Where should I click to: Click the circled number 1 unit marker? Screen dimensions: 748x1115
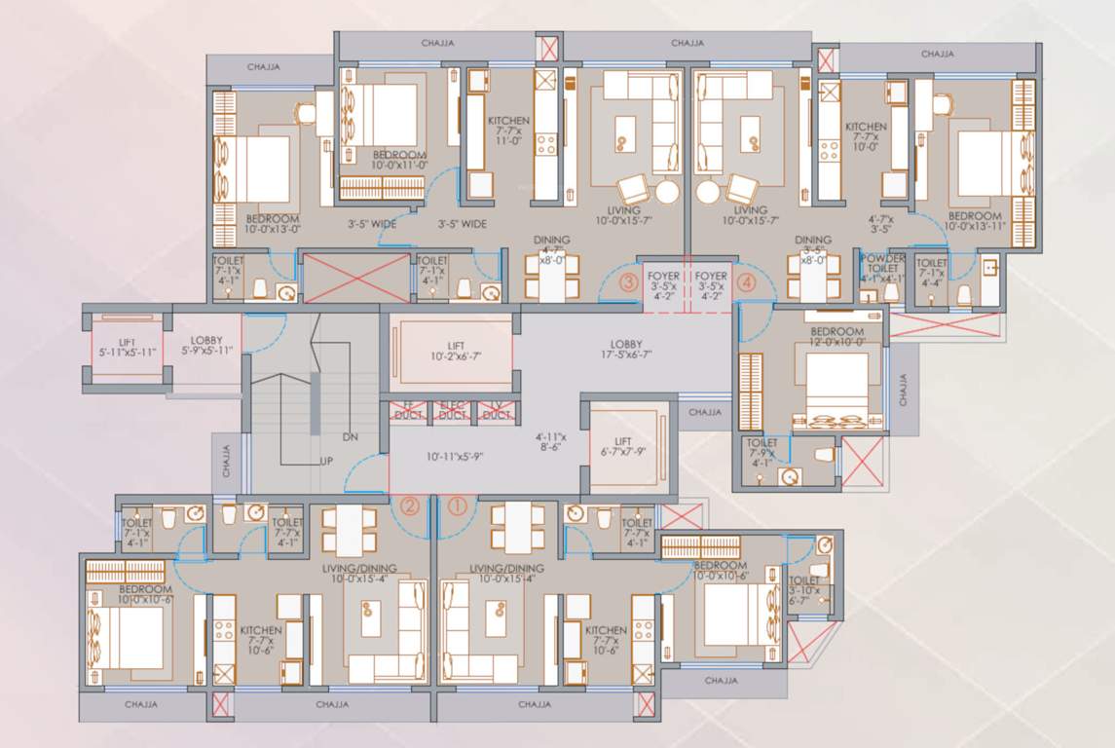tap(458, 505)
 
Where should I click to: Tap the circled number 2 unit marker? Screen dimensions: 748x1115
tap(411, 505)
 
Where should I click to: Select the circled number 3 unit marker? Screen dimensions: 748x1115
tap(630, 283)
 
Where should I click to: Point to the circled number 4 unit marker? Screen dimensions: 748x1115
tap(746, 283)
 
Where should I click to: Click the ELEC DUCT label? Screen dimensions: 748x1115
tap(452, 410)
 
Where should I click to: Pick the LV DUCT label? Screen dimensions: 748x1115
tap(496, 410)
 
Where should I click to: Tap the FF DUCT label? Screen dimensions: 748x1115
tap(408, 410)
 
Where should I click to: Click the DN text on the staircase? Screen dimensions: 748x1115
tap(352, 437)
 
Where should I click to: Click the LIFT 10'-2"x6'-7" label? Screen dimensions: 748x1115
tap(450, 351)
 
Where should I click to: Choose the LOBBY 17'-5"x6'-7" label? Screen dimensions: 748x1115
tap(625, 350)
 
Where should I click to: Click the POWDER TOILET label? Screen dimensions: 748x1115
tap(883, 268)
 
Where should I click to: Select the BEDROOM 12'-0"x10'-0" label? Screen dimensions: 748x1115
tap(836, 337)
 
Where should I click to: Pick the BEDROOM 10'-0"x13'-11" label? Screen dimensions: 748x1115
tap(976, 221)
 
